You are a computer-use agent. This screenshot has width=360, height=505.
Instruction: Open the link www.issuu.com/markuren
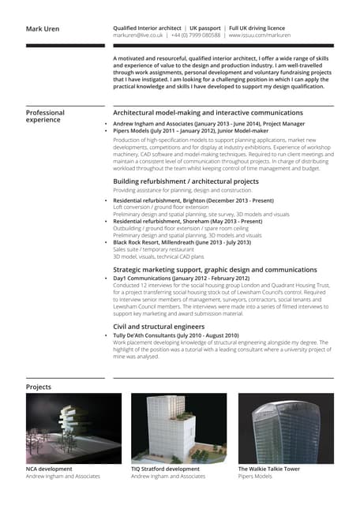tap(263, 36)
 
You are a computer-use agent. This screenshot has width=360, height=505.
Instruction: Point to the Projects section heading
tap(38, 387)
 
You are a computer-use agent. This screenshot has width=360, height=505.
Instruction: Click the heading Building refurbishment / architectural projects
tap(186, 181)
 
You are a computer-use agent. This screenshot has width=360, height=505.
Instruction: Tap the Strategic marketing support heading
tap(215, 270)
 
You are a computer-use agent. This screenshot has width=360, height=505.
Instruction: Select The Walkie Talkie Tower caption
tap(268, 469)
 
